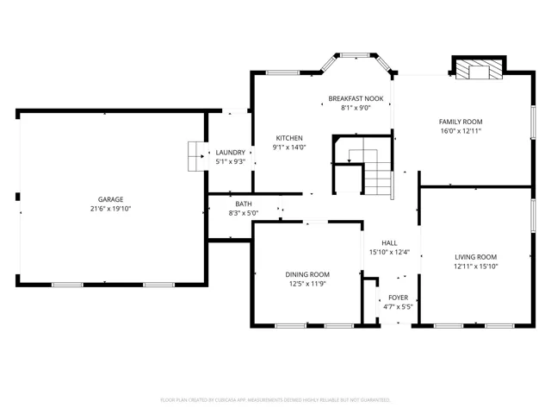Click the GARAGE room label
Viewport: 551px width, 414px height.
coord(110,199)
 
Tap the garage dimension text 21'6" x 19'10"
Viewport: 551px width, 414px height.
coord(110,209)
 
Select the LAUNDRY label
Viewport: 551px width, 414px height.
coord(230,152)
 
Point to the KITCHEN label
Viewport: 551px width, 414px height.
coord(289,138)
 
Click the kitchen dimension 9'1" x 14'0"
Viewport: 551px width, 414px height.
coord(289,147)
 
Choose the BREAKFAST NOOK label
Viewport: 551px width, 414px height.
coord(356,98)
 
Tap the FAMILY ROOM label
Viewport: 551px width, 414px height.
coord(461,122)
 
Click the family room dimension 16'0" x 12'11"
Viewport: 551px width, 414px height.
coord(461,131)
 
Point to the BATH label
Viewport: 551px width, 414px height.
coord(244,204)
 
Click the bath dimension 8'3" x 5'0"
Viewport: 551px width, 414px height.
coord(244,213)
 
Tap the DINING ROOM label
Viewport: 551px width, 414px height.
coord(307,274)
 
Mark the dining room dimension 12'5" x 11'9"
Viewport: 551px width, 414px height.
coord(307,284)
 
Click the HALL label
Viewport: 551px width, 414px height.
coord(389,243)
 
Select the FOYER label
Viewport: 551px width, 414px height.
coord(398,297)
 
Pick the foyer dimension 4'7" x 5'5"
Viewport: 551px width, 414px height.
coord(398,306)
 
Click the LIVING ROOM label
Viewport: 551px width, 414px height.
coord(476,257)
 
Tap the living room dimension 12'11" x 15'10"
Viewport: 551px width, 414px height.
coord(476,267)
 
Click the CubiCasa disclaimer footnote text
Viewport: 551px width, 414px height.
coord(275,400)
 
